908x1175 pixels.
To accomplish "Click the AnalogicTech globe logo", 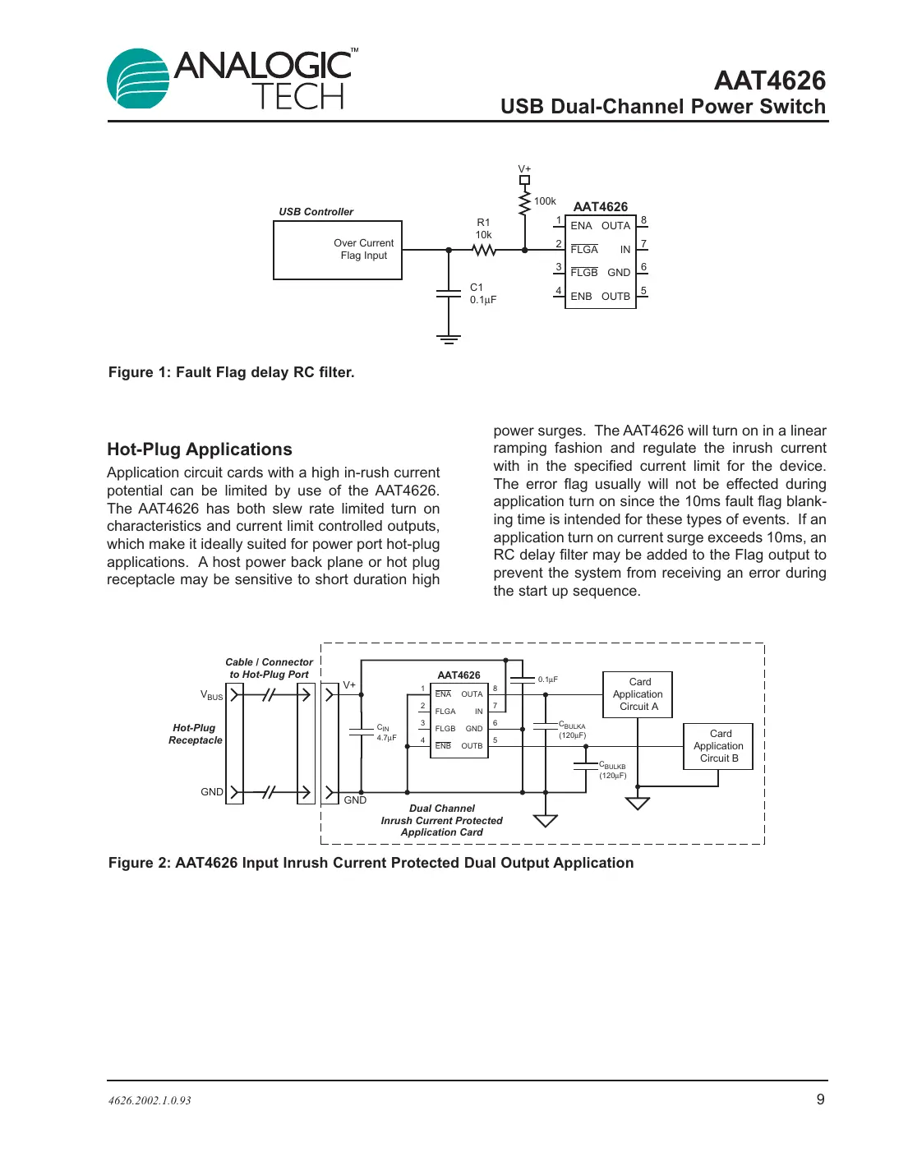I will pos(138,79).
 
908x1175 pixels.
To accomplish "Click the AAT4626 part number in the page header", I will pos(769,81).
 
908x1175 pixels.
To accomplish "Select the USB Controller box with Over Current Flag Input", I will pos(338,250).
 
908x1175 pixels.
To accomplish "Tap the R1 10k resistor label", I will pos(483,228).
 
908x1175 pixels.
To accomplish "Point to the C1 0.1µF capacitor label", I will pos(482,293).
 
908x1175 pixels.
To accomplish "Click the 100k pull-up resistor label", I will pos(545,201).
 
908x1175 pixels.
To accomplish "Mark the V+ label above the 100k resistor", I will pos(524,169).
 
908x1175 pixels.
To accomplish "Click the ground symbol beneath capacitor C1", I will pos(449,339).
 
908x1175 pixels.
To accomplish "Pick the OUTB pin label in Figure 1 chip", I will pos(615,297).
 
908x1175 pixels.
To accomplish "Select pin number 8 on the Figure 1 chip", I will pos(643,220).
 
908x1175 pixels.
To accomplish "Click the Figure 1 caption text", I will pos(232,372).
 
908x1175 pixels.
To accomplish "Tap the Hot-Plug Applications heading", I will pos(200,449).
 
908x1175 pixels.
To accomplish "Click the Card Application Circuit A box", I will pos(638,694).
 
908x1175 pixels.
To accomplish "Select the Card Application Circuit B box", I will pos(718,746).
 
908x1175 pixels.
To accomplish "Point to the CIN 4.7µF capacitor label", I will pos(386,732).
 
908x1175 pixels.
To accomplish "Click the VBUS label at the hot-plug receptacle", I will pos(211,695).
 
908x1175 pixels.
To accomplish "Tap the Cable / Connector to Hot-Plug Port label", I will pos(269,668).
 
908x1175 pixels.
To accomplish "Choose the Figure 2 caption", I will pos(371,863).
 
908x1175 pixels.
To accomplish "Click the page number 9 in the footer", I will pos(820,1099).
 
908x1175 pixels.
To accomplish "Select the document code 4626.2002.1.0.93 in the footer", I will pos(150,1100).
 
